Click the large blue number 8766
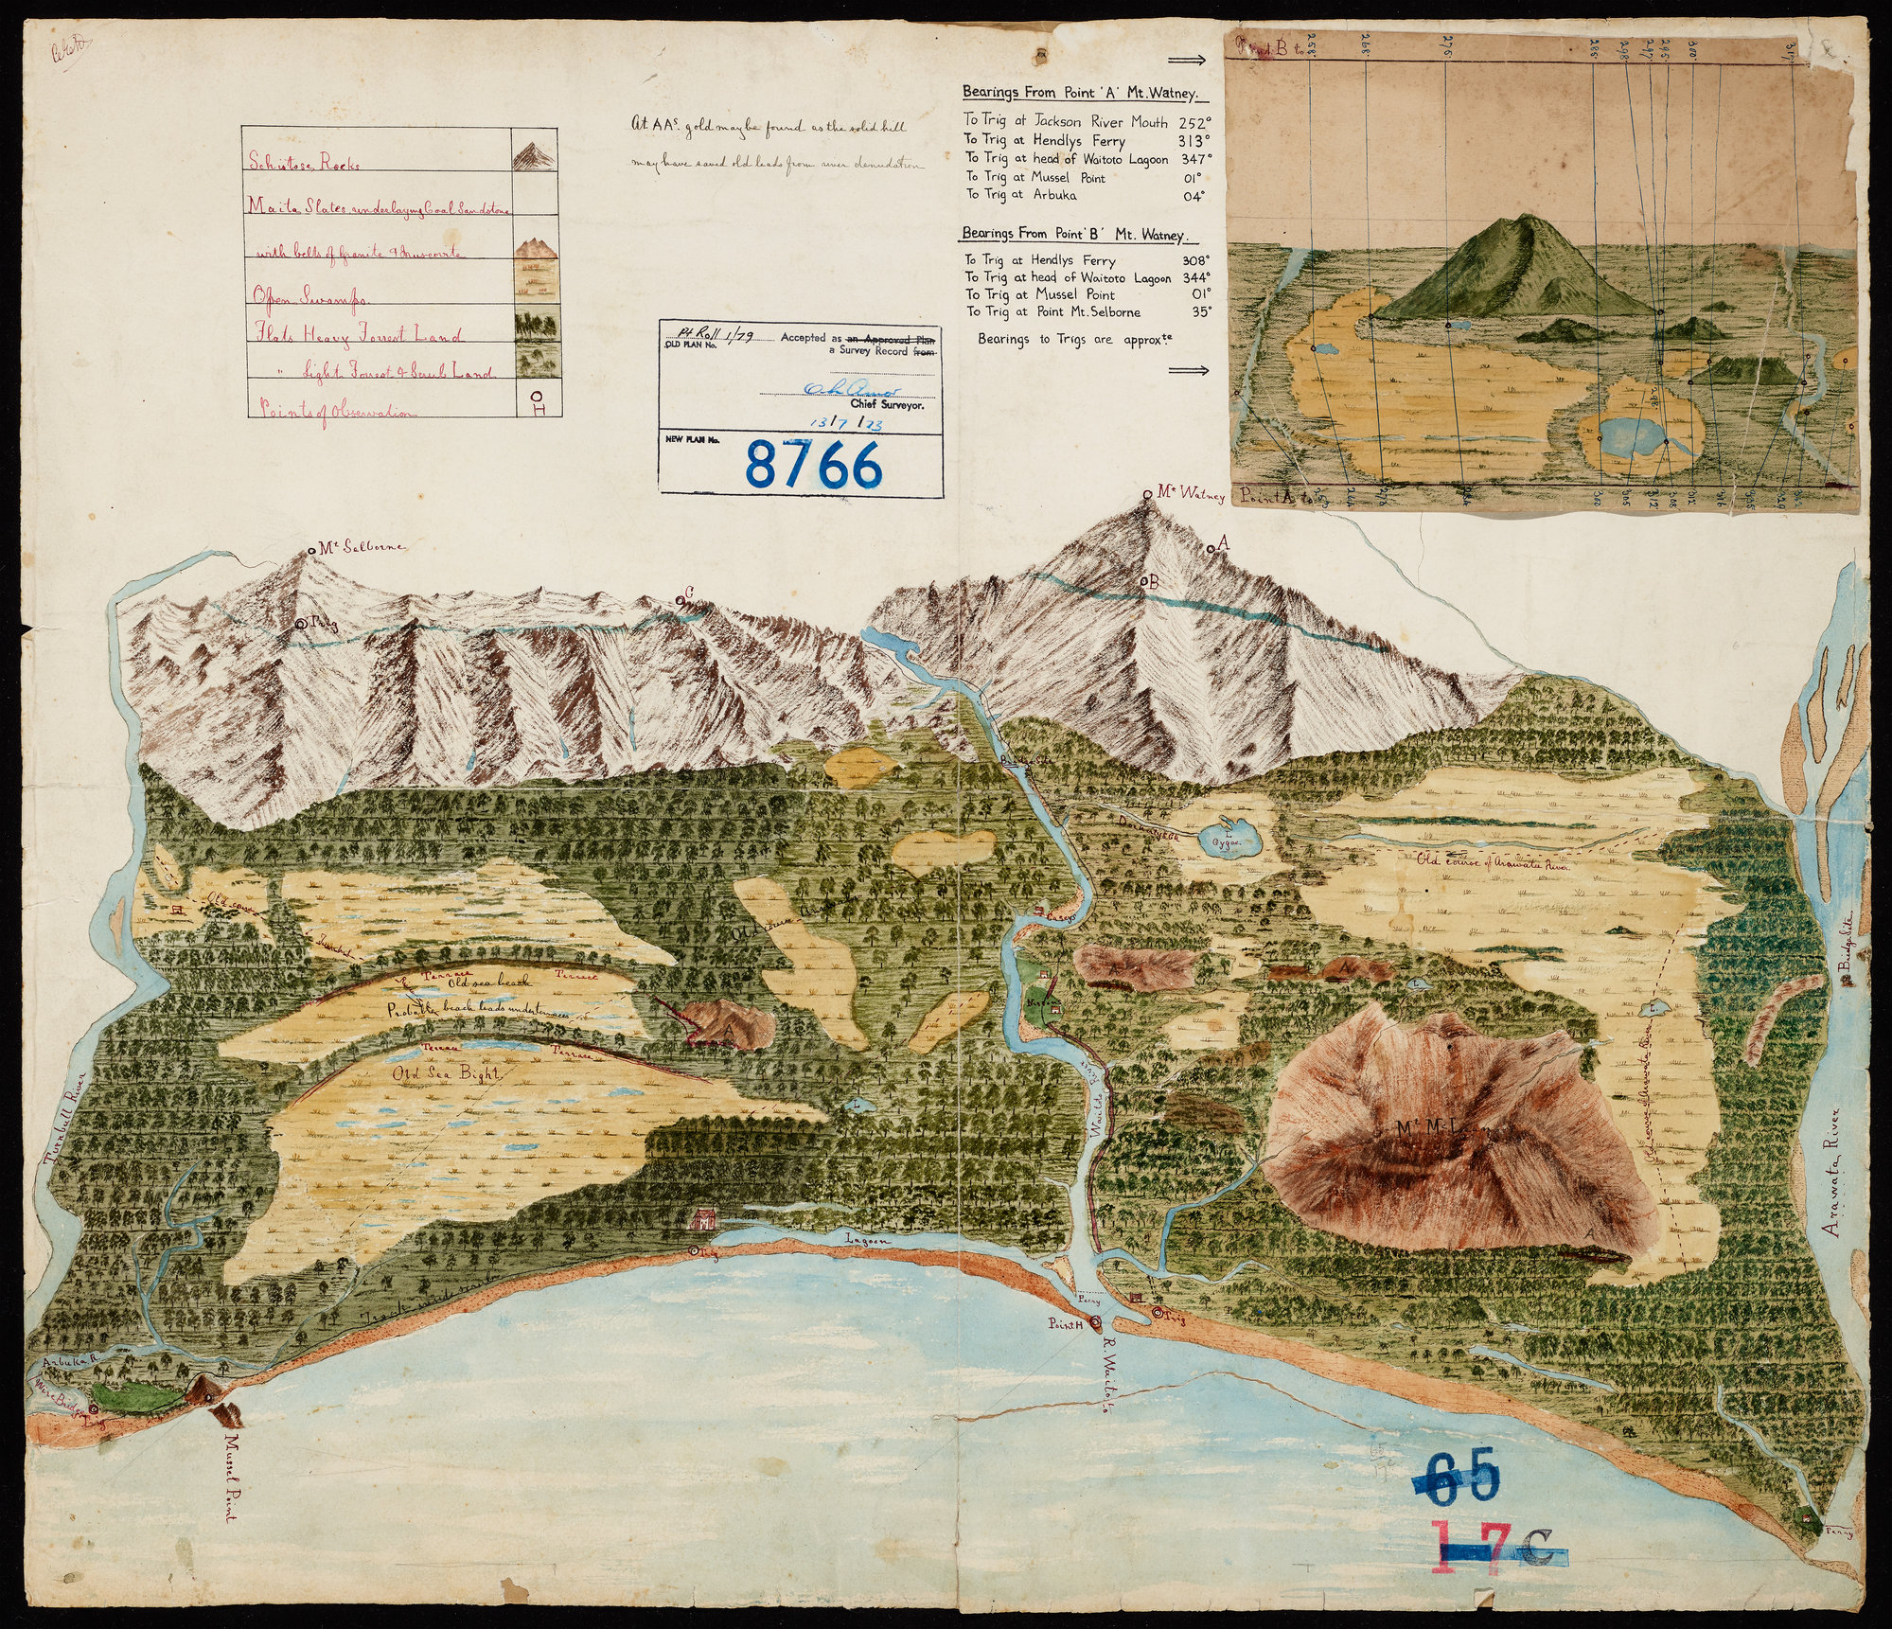tap(814, 465)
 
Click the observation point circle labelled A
tap(1211, 548)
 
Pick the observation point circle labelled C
tap(680, 601)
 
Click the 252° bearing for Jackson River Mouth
tap(1194, 122)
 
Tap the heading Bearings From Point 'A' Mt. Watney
tap(1085, 94)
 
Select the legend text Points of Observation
tap(331, 412)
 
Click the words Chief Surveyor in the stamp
tap(893, 404)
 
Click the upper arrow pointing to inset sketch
tap(1187, 61)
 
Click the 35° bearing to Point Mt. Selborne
tap(1202, 311)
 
